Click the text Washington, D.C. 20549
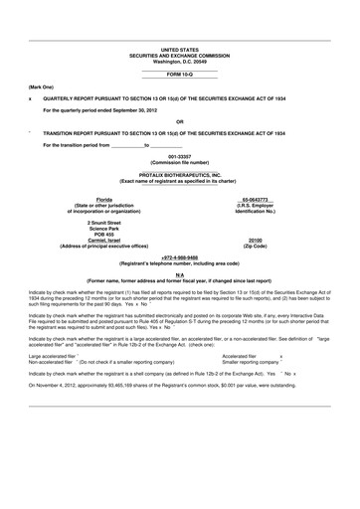pos(179,62)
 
